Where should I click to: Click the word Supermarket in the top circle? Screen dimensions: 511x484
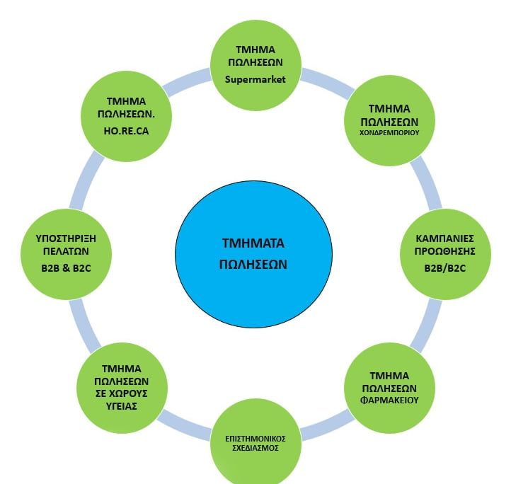pyautogui.click(x=255, y=79)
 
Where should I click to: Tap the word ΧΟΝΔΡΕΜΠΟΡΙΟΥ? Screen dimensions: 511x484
pyautogui.click(x=389, y=133)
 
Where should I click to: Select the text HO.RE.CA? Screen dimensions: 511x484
pyautogui.click(x=126, y=131)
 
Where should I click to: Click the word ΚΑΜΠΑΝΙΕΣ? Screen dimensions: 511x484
pyautogui.click(x=445, y=238)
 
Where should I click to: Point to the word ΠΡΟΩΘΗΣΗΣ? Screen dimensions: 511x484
pyautogui.click(x=445, y=251)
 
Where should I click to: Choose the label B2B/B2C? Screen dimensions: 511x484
pyautogui.click(x=445, y=268)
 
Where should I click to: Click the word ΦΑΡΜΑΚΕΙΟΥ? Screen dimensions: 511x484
pyautogui.click(x=389, y=401)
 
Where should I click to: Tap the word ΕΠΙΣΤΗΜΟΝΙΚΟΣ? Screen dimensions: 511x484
pyautogui.click(x=255, y=439)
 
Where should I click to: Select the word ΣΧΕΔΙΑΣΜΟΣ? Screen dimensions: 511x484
pyautogui.click(x=255, y=448)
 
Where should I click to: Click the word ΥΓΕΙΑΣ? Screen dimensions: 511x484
pyautogui.click(x=121, y=406)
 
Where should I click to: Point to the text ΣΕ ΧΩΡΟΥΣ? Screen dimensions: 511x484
pyautogui.click(x=121, y=393)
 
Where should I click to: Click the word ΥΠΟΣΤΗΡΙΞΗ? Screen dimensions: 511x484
pyautogui.click(x=66, y=238)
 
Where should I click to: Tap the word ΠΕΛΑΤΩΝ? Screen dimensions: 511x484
pyautogui.click(x=66, y=251)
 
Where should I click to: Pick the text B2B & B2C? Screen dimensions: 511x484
pyautogui.click(x=66, y=268)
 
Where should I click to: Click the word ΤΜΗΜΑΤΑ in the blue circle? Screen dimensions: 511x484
pyautogui.click(x=253, y=243)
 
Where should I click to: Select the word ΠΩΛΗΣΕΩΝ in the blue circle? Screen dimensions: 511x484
pyautogui.click(x=253, y=264)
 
